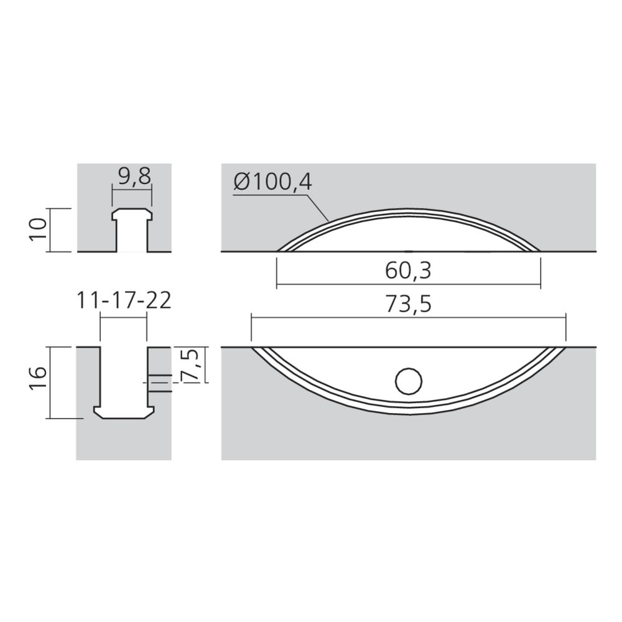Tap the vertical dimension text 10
tap(39, 230)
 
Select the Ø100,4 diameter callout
tap(274, 182)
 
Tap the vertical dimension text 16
tap(39, 381)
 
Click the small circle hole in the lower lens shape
tap(409, 381)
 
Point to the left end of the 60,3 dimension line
tap(276, 285)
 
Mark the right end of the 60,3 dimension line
tap(541, 285)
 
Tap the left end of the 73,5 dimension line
tap(251, 317)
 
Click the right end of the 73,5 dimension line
tap(566, 317)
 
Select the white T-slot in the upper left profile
tap(131, 232)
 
